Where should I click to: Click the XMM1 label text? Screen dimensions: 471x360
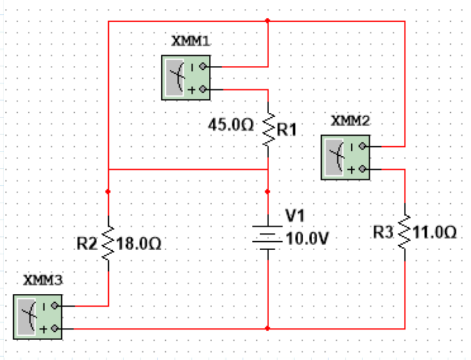click(x=190, y=42)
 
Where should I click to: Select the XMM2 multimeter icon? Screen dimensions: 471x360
click(x=345, y=158)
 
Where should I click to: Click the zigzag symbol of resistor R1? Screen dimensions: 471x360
click(x=268, y=129)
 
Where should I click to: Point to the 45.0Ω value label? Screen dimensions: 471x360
click(x=231, y=125)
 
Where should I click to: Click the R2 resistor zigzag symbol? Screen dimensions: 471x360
click(x=108, y=243)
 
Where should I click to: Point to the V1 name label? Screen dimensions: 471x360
click(x=296, y=217)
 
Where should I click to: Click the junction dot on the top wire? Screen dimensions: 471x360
click(x=268, y=21)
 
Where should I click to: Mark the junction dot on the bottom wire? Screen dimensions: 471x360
click(x=268, y=328)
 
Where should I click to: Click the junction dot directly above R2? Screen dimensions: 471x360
click(x=108, y=191)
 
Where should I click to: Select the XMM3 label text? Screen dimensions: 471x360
click(x=44, y=280)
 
